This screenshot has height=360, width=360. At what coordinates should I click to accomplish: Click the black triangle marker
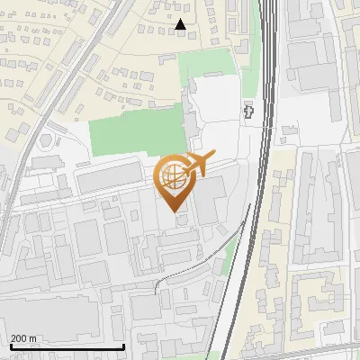(x=181, y=25)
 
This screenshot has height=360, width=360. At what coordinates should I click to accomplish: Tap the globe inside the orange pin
(x=172, y=176)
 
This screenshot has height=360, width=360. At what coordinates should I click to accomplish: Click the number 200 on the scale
(x=19, y=338)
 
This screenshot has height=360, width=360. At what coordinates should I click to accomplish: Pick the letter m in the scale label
(x=32, y=338)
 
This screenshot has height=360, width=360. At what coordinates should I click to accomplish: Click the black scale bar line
(x=67, y=346)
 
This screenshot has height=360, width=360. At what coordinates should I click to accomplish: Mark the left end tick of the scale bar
(x=11, y=345)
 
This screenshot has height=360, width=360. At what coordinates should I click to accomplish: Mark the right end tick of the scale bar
(x=122, y=345)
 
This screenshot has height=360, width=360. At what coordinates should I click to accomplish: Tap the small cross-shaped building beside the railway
(x=249, y=111)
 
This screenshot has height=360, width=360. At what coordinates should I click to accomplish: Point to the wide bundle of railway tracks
(x=266, y=135)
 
